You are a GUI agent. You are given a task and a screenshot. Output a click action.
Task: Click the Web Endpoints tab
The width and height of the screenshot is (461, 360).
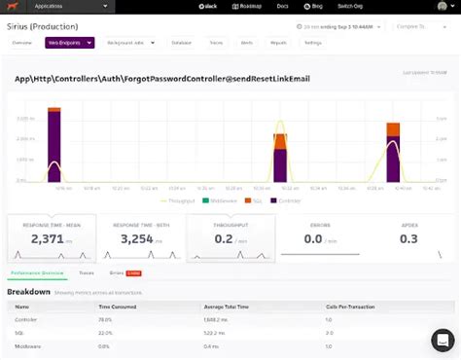pyautogui.click(x=68, y=43)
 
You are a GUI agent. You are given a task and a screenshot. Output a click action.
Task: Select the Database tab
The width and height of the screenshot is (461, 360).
pyautogui.click(x=181, y=43)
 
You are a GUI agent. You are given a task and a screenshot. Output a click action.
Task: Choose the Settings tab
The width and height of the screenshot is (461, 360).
pyautogui.click(x=312, y=43)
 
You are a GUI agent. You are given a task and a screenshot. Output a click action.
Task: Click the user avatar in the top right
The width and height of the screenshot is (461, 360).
pyautogui.click(x=442, y=7)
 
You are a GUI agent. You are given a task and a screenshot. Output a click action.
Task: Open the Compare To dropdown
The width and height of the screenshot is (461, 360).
pyautogui.click(x=424, y=26)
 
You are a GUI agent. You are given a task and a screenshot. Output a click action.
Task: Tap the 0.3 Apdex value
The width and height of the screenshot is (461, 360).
pyautogui.click(x=408, y=238)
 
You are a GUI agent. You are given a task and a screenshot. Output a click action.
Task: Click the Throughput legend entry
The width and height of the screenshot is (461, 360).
pyautogui.click(x=181, y=199)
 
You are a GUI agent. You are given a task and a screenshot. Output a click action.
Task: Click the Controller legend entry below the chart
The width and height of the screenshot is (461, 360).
pyautogui.click(x=287, y=199)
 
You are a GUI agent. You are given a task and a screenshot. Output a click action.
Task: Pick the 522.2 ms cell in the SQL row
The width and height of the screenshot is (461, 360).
pyautogui.click(x=217, y=332)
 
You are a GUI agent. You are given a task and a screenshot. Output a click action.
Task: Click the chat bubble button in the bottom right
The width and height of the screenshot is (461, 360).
pyautogui.click(x=443, y=340)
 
